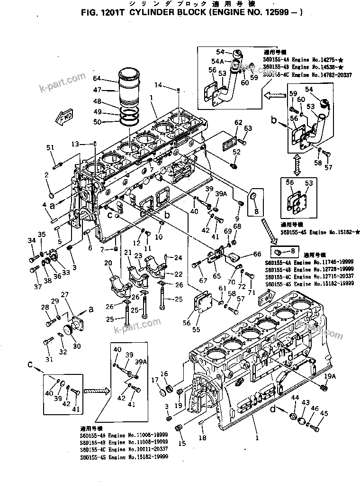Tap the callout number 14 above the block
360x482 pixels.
pos(158,85)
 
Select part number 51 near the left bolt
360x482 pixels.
pos(51,148)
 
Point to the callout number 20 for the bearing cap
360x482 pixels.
pos(108,263)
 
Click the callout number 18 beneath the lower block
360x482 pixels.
pos(202,438)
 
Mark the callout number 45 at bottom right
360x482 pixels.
pos(324,413)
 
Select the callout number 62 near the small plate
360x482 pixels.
pos(238,123)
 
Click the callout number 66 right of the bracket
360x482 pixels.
pos(257,254)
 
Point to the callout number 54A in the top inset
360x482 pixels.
pos(218,62)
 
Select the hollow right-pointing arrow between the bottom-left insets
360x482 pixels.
pos(96,391)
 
